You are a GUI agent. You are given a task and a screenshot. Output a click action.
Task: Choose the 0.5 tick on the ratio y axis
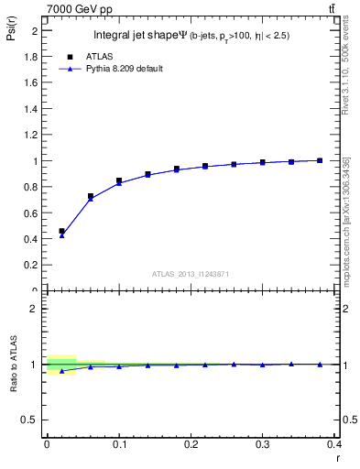[35, 420]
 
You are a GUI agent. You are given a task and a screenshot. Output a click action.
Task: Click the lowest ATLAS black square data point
[61, 231]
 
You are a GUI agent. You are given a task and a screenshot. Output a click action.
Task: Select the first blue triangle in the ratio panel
[61, 371]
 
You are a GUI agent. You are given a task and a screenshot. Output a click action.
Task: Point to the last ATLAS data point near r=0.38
[320, 160]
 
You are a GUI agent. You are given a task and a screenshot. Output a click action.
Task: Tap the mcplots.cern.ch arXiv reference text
[345, 220]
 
